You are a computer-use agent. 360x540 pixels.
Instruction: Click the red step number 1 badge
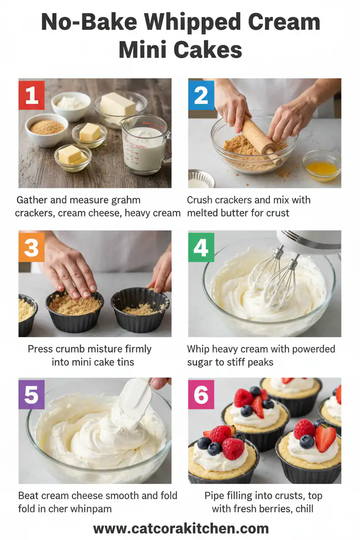(32, 95)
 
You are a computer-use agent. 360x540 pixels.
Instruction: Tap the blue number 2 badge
(201, 95)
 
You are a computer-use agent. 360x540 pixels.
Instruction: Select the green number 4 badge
(201, 247)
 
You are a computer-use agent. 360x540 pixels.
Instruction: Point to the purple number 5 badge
(32, 395)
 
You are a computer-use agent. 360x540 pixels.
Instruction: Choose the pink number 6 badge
(201, 395)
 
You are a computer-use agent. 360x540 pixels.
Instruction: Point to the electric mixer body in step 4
(309, 240)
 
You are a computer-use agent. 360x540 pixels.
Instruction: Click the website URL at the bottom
(181, 528)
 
